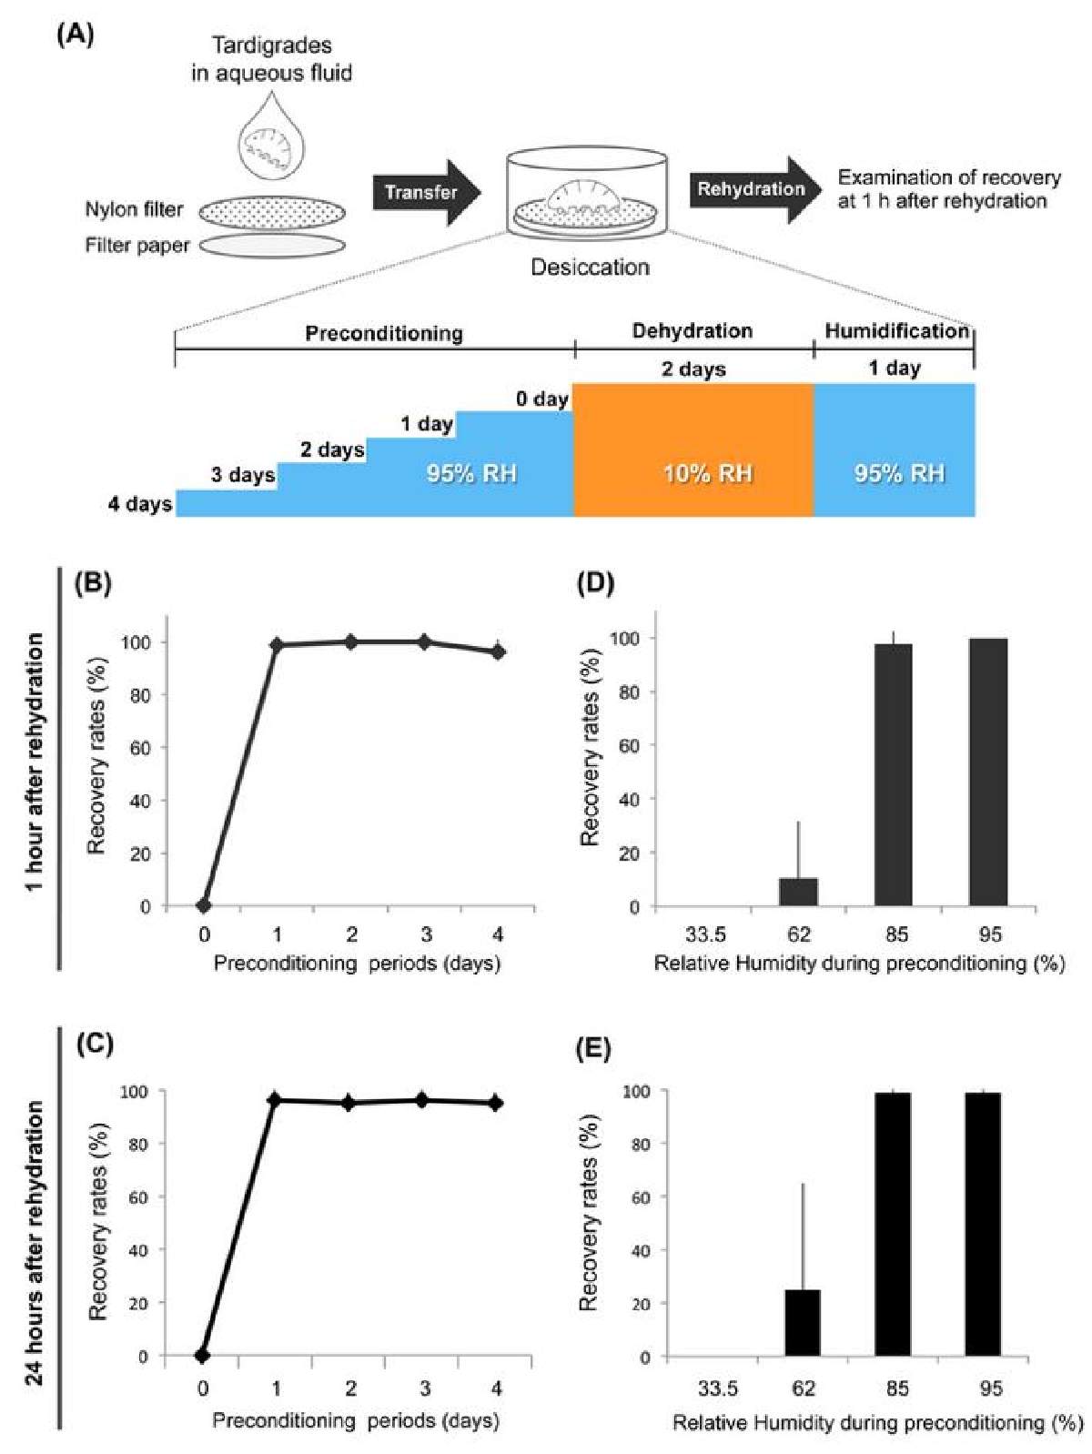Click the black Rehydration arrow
752,189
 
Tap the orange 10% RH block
693,449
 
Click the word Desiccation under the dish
590,267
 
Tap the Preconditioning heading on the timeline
383,332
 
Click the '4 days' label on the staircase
140,504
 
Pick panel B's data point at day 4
498,651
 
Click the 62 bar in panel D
798,892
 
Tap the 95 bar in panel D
988,772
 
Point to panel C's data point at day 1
274,1100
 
